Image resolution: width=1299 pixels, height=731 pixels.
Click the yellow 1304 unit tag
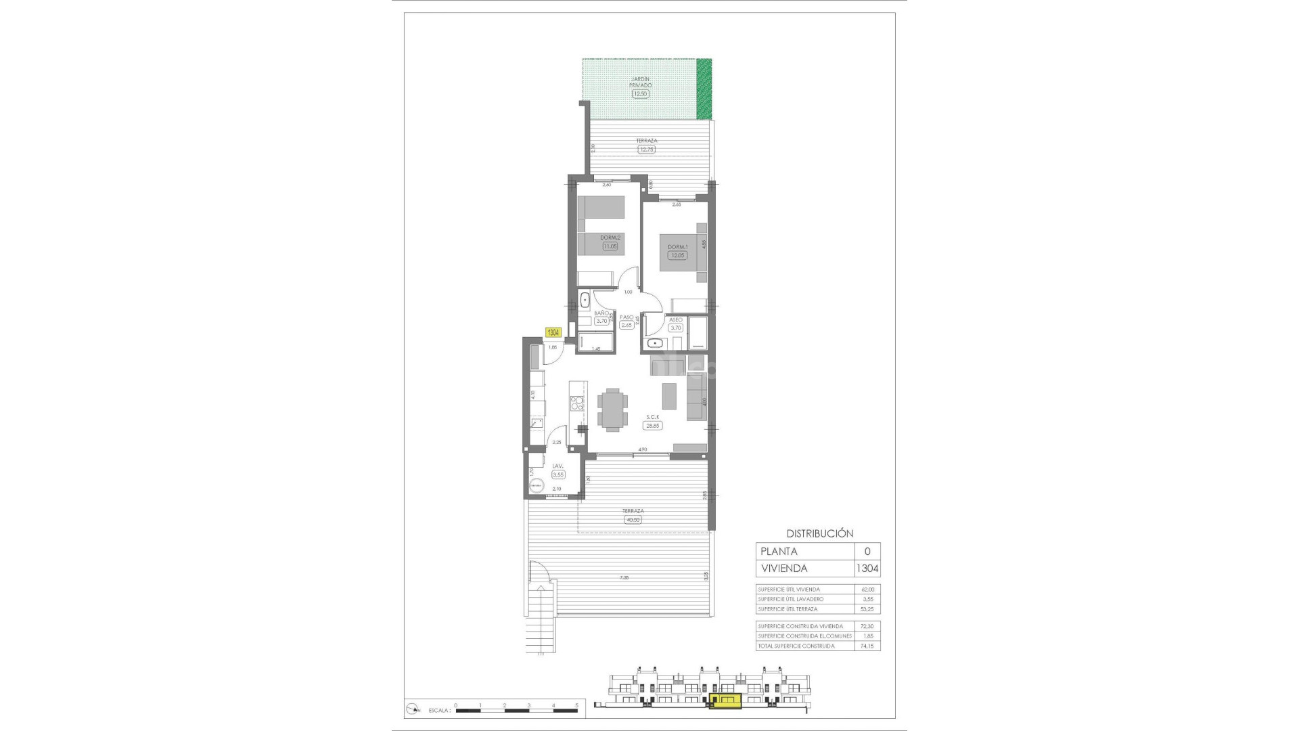[553, 332]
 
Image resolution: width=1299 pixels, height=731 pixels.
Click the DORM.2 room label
[610, 238]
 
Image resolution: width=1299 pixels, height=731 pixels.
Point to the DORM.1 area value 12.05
[677, 256]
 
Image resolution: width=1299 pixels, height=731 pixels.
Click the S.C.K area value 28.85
[653, 426]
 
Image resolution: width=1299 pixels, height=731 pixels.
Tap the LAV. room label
[558, 466]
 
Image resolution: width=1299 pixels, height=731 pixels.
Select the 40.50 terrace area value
[633, 520]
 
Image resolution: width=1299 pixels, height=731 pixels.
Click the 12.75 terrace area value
[646, 150]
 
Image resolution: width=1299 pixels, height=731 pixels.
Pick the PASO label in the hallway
[626, 317]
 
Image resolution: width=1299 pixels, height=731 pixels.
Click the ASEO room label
[675, 319]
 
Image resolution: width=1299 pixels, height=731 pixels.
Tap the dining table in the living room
[612, 409]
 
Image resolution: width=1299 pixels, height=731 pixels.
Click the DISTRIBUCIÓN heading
[819, 533]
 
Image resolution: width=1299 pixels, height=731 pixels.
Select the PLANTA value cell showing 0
[867, 552]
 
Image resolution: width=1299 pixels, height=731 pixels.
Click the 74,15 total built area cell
[867, 646]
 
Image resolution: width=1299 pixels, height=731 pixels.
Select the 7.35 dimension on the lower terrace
[624, 578]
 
